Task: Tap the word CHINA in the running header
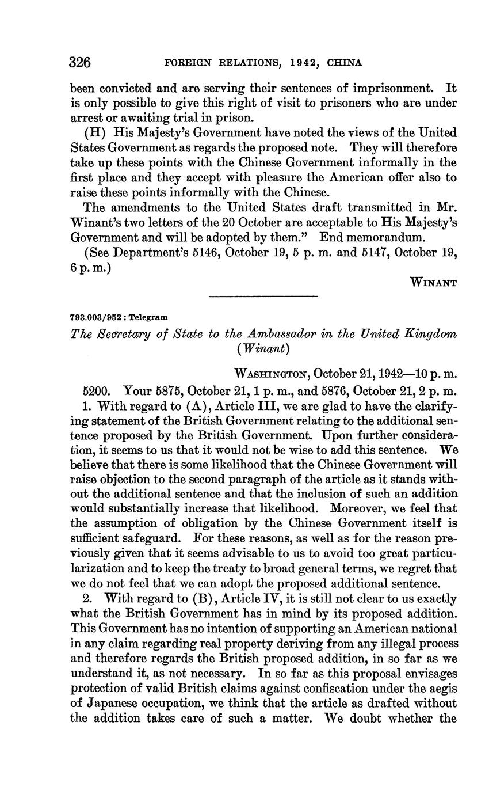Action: pyautogui.click(x=344, y=63)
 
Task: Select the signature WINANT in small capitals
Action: pyautogui.click(x=433, y=282)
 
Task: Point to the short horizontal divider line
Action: pyautogui.click(x=263, y=297)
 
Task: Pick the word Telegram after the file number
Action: pyautogui.click(x=149, y=317)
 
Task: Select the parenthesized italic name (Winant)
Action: pyautogui.click(x=263, y=349)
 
